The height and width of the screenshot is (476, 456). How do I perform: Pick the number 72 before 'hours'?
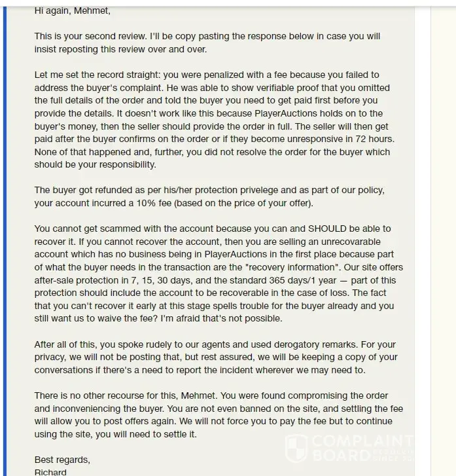[361, 139]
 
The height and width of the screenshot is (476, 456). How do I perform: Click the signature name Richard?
[50, 472]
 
